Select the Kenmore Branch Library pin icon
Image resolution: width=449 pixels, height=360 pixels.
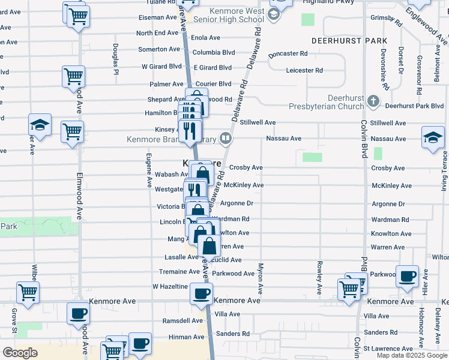(x=226, y=139)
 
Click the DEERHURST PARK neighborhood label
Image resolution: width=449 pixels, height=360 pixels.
(x=348, y=40)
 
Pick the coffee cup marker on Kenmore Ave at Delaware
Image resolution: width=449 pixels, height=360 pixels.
(x=202, y=293)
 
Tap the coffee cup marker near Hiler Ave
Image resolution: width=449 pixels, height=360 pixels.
(x=408, y=276)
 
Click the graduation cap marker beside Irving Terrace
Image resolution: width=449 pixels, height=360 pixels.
(x=433, y=137)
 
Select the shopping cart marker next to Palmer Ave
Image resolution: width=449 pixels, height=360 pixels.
(x=73, y=76)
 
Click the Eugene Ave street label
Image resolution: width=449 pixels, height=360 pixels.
(x=148, y=170)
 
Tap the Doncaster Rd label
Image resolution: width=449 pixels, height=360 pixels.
(x=288, y=53)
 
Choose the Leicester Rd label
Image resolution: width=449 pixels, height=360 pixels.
(x=305, y=70)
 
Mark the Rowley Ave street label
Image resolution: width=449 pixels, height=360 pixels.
(x=319, y=277)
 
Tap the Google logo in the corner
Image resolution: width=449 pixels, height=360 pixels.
(x=20, y=353)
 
